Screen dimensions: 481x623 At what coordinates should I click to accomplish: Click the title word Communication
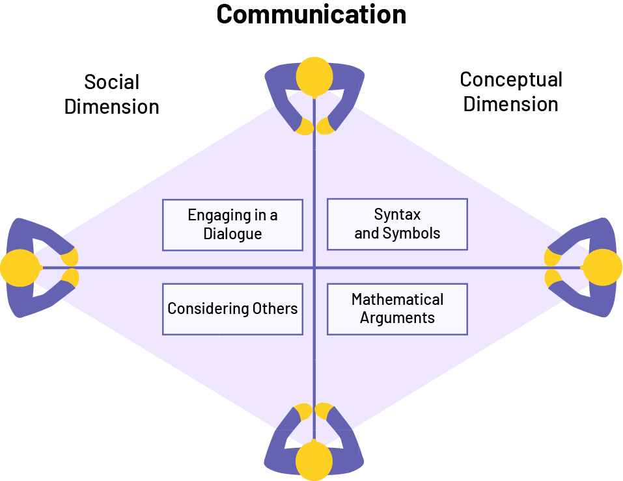pos(311,14)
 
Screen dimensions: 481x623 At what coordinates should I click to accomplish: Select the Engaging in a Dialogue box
pos(232,225)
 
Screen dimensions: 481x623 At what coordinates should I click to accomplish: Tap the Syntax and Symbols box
pos(397,224)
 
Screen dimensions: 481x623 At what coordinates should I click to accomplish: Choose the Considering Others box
pos(232,309)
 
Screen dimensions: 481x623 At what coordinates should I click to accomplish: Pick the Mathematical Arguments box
pos(397,309)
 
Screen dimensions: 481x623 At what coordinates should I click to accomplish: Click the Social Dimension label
pos(112,94)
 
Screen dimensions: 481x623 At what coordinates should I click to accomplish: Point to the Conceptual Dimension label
pos(511,92)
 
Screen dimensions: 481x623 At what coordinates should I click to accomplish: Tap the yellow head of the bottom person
pos(314,461)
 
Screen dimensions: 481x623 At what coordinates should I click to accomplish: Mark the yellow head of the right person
pos(603,267)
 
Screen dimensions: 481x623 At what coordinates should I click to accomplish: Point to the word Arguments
pos(397,318)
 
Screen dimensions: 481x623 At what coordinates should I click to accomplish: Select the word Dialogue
pos(232,234)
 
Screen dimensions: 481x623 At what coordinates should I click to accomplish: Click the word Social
pos(112,83)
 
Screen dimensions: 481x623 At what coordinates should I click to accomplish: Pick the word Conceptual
pos(511,80)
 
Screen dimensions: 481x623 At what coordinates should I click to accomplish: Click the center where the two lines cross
pos(314,267)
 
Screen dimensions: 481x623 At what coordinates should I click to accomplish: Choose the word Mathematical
pos(397,300)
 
